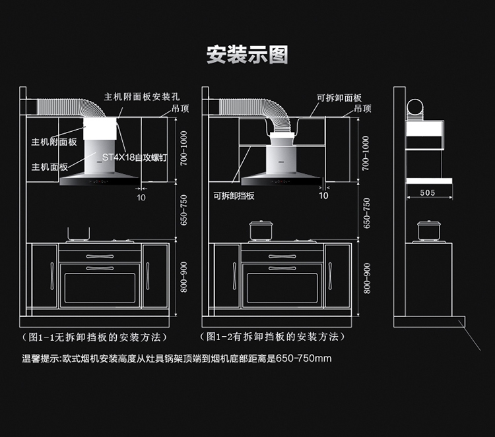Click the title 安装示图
247,55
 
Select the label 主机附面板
53,142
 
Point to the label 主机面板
49,167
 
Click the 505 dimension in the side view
427,192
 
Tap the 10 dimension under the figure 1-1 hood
141,196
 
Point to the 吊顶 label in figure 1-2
362,107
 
